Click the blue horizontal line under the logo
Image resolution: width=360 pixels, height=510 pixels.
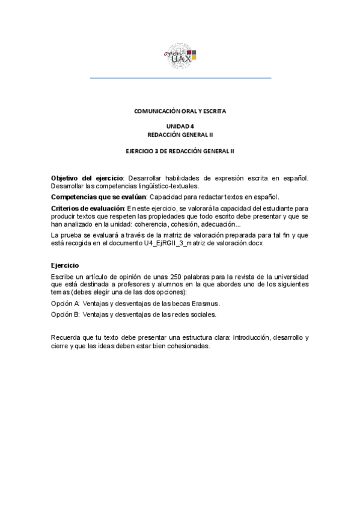tap(180, 78)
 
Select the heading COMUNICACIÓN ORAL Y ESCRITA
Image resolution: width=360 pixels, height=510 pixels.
tap(180, 111)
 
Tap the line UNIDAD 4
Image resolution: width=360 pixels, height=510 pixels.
tap(180, 126)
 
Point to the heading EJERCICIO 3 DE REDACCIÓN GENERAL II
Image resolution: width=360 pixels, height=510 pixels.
tap(180, 151)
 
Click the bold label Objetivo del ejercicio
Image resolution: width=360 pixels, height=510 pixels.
tap(87, 179)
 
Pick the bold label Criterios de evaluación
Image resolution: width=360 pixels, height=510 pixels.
tap(88, 208)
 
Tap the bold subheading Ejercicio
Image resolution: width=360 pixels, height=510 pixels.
tap(66, 265)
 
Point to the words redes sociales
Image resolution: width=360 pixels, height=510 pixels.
tap(195, 314)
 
